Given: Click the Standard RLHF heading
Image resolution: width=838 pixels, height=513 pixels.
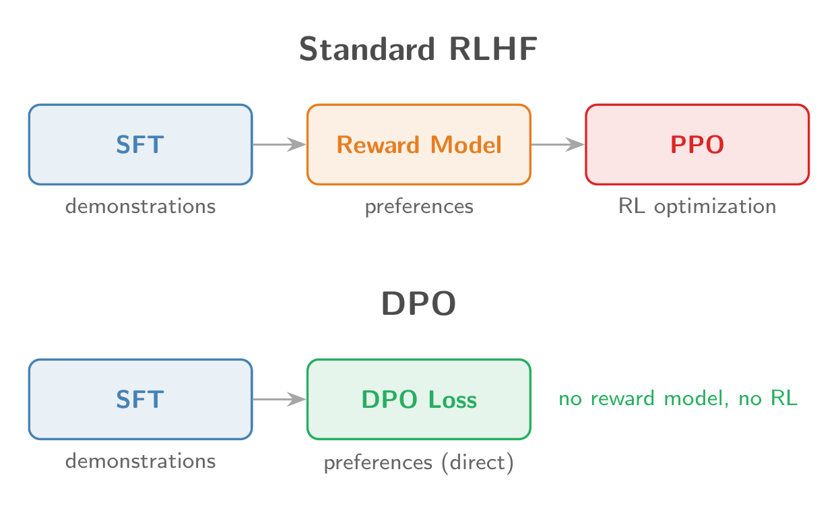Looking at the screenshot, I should pos(418,50).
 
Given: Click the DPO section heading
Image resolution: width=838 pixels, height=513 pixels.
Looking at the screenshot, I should pos(418,305).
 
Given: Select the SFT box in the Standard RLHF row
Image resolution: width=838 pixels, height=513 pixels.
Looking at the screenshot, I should pos(140,144).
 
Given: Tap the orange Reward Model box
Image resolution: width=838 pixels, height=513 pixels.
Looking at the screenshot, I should pos(419,144).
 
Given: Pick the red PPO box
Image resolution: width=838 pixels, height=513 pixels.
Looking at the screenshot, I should pos(697,144).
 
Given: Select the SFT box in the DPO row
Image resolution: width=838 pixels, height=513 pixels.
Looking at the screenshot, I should pos(140,399).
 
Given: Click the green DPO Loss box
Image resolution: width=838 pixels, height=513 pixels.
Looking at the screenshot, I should pos(419,399).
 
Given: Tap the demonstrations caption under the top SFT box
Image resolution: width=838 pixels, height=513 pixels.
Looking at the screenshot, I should pos(140,206).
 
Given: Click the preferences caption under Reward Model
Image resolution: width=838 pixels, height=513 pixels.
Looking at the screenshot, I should pos(419,207).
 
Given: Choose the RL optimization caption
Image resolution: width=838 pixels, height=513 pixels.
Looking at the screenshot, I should pos(697,207).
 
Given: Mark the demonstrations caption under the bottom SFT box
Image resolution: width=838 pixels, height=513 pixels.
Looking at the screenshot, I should pos(140,461).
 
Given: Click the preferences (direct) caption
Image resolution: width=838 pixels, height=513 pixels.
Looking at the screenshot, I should pos(419,464).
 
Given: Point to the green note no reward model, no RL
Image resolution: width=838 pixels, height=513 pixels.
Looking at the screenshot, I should pos(678,399).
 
